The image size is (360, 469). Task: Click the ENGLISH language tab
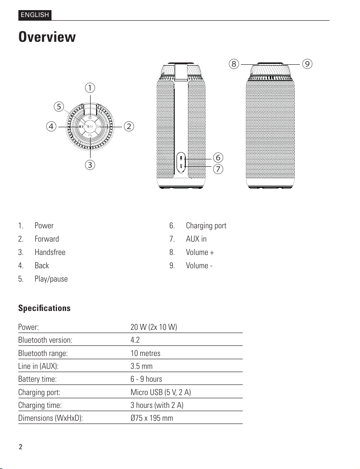(34, 15)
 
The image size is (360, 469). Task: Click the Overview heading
(47, 37)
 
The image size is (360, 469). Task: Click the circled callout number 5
(58, 107)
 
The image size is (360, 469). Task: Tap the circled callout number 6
(218, 158)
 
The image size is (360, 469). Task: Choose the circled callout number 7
(218, 169)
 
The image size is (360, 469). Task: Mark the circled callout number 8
(234, 64)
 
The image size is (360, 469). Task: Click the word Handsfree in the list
(50, 252)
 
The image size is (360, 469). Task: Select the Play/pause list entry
(51, 279)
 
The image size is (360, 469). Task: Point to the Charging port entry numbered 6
(206, 226)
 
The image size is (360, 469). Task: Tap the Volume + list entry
(200, 252)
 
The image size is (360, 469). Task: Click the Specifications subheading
(45, 308)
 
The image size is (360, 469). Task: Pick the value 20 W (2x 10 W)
(154, 327)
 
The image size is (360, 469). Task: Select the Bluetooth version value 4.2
(135, 340)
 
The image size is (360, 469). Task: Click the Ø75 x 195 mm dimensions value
(152, 418)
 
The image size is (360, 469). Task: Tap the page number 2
(20, 447)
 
